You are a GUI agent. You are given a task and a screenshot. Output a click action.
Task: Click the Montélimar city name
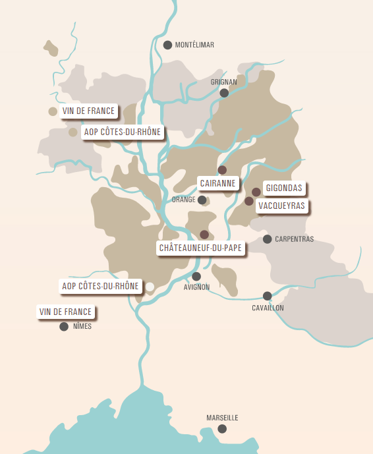[195, 45]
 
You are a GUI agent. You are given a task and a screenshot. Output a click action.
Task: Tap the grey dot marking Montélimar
[168, 45]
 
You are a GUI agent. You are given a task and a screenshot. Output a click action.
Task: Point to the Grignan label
[223, 82]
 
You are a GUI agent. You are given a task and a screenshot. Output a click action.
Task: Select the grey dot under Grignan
[224, 93]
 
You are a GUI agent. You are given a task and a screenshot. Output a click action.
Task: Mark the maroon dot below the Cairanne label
[222, 170]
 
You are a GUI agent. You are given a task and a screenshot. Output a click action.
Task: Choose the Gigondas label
[284, 188]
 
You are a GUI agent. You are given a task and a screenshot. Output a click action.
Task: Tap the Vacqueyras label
[282, 205]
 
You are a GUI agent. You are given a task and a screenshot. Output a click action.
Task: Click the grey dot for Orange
[202, 200]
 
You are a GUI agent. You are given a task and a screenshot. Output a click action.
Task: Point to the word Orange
[183, 200]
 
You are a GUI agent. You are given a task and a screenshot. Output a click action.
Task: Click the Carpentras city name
[294, 239]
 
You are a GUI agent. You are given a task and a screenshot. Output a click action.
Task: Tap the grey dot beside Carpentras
[267, 239]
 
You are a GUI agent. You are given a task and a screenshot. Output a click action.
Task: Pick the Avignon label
[197, 287]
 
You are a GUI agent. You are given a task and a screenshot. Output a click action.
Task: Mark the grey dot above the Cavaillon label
[267, 296]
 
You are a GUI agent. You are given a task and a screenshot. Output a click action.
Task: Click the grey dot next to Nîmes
[64, 326]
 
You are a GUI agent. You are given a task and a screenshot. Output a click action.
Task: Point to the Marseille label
[222, 418]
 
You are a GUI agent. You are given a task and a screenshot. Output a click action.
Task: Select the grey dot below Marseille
[222, 429]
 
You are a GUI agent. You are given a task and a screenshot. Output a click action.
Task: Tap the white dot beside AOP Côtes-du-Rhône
[150, 286]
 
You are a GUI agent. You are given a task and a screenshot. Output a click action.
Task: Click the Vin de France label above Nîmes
[66, 311]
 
